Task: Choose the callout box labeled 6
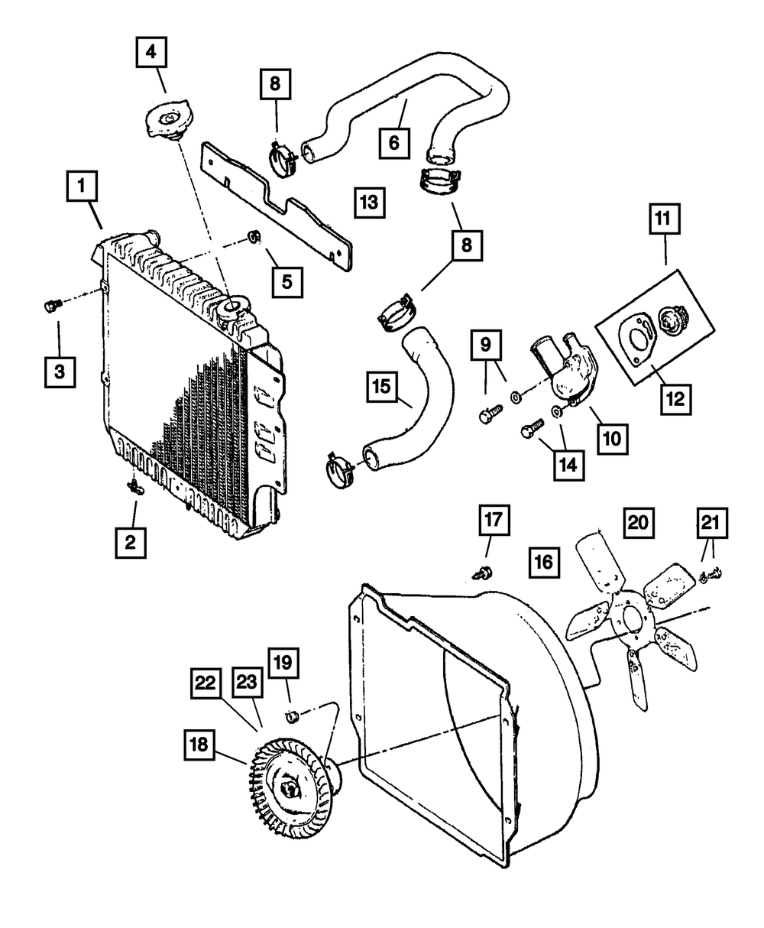coord(394,142)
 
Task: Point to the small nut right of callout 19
coord(290,717)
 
